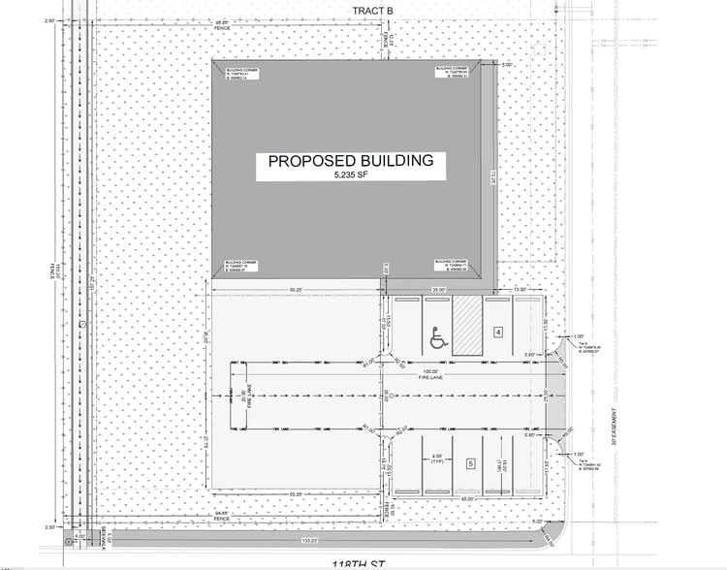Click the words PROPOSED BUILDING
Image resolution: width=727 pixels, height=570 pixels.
(350, 162)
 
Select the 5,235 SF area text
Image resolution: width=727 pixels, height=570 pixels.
(350, 175)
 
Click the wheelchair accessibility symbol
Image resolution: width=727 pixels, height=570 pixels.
(437, 338)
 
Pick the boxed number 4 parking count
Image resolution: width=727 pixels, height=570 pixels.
(498, 332)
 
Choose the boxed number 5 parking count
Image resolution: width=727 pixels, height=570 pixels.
(471, 464)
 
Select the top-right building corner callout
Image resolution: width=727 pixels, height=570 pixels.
(453, 75)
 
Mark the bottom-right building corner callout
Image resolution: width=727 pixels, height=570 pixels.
(453, 266)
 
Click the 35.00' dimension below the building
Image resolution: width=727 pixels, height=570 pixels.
(439, 290)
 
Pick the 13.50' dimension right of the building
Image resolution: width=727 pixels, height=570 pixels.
(520, 290)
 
